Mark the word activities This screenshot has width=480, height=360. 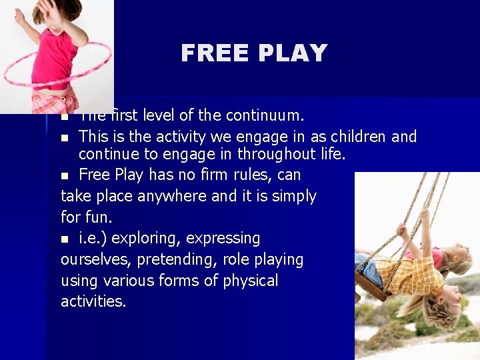93,301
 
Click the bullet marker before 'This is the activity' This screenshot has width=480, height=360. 65,138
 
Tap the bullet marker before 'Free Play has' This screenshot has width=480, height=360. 65,176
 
